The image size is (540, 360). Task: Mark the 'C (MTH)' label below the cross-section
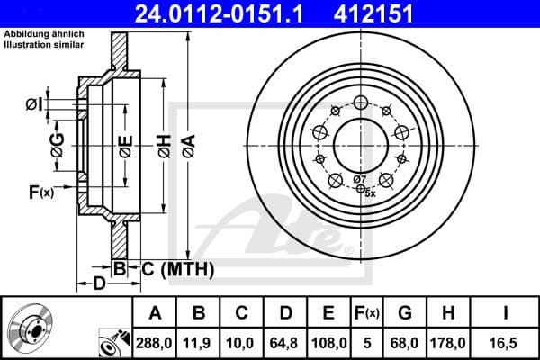tap(176, 267)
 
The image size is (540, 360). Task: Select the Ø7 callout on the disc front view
tap(359, 180)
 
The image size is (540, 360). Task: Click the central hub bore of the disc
tap(360, 144)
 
